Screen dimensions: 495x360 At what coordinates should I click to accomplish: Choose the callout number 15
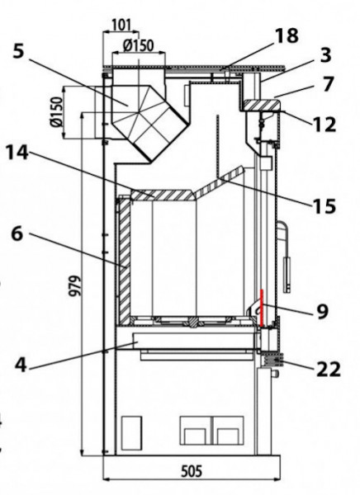(324, 206)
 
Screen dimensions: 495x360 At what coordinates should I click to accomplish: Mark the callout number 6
(17, 234)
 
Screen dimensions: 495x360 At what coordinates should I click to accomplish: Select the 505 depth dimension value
(192, 472)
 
